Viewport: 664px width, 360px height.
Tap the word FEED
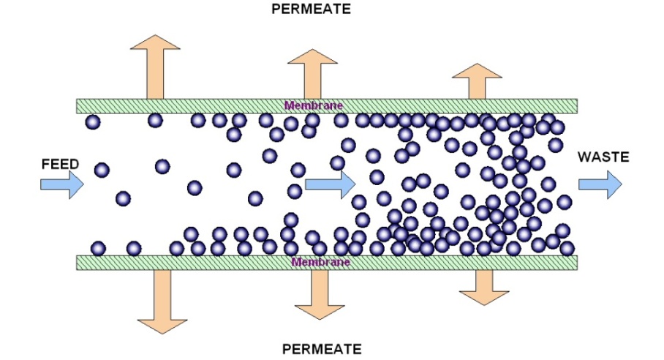(60, 164)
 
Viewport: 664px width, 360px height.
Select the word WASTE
(603, 156)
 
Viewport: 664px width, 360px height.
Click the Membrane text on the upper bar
(314, 105)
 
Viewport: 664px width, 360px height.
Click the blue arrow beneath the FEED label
(61, 184)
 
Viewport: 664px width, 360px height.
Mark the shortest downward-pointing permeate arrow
(483, 286)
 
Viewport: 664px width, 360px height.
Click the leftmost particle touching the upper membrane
(93, 121)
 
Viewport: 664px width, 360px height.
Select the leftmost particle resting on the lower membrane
(98, 249)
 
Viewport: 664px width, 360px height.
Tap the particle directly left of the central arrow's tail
(294, 191)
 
